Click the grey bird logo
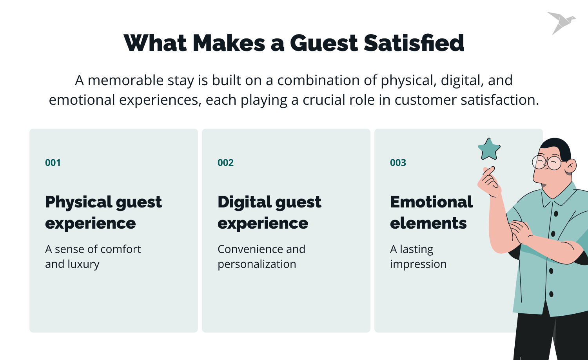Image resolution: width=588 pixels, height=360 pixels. point(561,22)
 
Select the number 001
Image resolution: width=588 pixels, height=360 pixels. point(53,163)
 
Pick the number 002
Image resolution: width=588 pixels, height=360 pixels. point(225,163)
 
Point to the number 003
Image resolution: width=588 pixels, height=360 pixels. point(398,163)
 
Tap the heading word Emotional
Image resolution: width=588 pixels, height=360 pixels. point(431,202)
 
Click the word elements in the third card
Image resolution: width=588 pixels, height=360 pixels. point(428,223)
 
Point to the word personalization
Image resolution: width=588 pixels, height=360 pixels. point(257,265)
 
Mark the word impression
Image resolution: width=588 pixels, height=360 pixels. point(418,265)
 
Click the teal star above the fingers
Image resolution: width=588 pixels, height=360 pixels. point(489,149)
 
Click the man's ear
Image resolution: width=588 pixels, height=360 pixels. point(570,166)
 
